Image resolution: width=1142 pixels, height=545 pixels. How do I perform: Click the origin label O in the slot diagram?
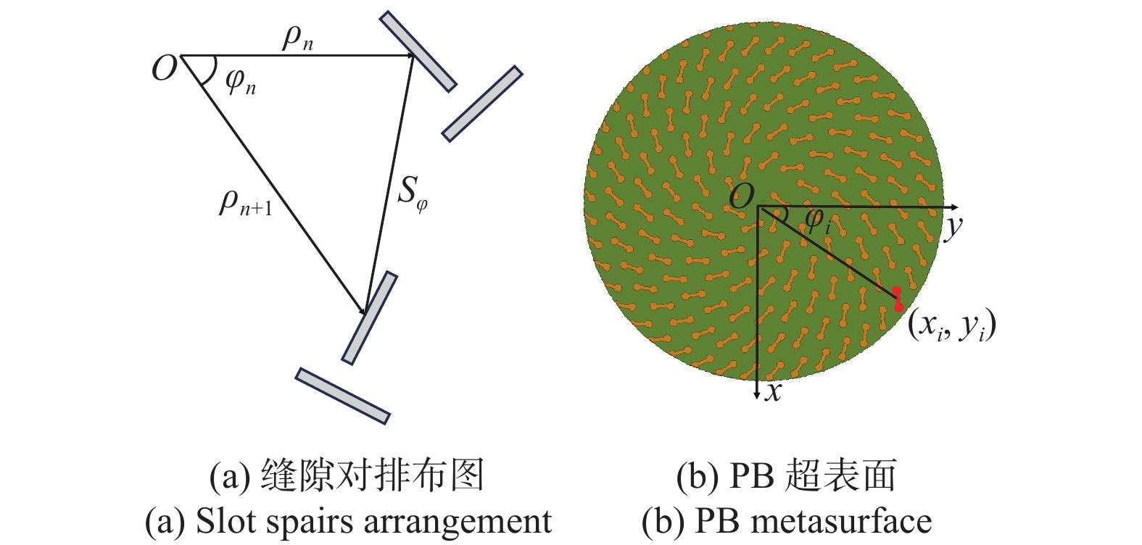164,67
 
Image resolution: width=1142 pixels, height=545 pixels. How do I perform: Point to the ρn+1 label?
246,203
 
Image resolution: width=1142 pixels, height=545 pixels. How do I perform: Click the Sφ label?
412,194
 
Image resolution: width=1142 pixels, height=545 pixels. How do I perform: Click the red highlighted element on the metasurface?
898,299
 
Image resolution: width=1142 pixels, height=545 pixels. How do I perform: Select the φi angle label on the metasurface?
817,220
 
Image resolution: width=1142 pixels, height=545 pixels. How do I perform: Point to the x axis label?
774,391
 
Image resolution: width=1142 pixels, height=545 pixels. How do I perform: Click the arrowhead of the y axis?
953,207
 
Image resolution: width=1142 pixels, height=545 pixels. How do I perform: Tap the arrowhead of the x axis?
757,395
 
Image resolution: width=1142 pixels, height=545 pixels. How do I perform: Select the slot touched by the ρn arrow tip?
418,51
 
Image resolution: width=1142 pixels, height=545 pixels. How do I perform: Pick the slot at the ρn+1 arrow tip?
369,318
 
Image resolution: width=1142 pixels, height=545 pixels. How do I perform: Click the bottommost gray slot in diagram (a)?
342,396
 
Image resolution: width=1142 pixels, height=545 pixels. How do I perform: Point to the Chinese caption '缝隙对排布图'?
373,475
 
